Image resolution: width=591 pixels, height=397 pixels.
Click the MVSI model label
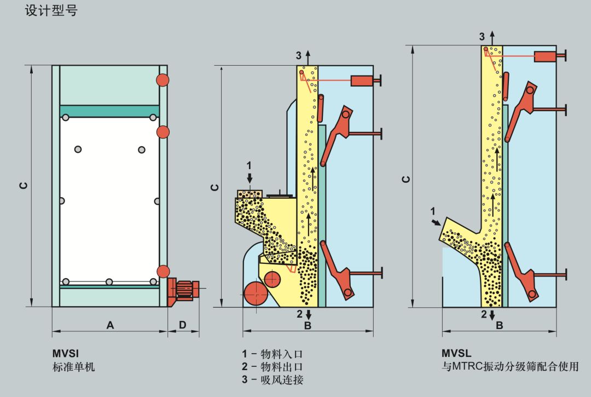tap(62, 354)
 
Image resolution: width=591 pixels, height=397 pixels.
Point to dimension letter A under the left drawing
tap(110, 325)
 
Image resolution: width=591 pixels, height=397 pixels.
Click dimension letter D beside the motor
tap(182, 325)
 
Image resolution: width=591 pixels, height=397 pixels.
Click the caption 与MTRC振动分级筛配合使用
tap(510, 367)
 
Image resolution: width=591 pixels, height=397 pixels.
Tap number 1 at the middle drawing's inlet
tap(250, 165)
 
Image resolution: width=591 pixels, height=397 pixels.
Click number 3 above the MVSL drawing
tap(482, 37)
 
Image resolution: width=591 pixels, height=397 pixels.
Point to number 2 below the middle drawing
tap(299, 314)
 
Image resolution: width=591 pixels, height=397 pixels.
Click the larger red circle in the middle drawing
tap(256, 295)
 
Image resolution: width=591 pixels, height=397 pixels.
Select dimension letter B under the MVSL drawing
tap(499, 325)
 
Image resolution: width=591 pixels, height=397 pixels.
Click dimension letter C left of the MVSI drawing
tap(24, 186)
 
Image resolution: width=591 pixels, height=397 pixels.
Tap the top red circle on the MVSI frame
tap(163, 80)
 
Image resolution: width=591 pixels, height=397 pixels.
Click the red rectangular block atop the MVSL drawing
tap(546, 55)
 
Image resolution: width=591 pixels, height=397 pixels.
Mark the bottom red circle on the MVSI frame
tap(163, 271)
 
